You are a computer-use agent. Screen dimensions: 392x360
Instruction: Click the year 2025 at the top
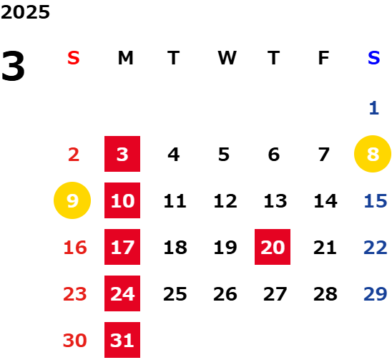(x=25, y=12)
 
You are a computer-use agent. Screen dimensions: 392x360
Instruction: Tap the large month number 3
(x=13, y=66)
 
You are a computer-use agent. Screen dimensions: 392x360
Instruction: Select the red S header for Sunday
(x=74, y=58)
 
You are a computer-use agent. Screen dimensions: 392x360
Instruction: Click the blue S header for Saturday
(x=373, y=58)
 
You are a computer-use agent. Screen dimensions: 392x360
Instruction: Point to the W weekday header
(x=227, y=58)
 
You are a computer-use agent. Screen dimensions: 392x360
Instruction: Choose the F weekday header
(x=324, y=58)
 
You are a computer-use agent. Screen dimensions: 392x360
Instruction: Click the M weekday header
(x=125, y=58)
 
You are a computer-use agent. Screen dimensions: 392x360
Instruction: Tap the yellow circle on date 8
(x=373, y=154)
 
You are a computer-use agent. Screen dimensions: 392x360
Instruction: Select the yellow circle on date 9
(x=72, y=200)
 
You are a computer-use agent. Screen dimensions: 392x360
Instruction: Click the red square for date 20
(x=273, y=247)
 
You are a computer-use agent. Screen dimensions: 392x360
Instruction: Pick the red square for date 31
(x=122, y=340)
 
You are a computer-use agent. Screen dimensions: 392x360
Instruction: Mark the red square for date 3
(x=122, y=154)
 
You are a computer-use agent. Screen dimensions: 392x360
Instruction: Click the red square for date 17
(x=122, y=247)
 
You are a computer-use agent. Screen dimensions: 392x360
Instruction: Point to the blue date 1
(x=374, y=108)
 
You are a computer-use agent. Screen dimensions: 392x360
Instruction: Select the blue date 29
(x=376, y=294)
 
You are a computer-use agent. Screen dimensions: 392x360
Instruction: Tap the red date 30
(x=74, y=341)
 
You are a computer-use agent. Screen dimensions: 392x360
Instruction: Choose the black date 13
(x=275, y=201)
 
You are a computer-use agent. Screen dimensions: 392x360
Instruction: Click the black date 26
(x=225, y=294)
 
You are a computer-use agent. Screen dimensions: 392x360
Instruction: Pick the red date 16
(x=75, y=248)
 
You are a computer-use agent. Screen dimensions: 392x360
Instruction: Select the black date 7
(x=324, y=155)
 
